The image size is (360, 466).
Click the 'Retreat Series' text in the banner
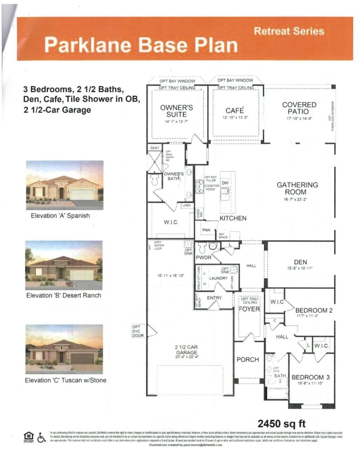289,31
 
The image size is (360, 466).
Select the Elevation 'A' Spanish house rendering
65,185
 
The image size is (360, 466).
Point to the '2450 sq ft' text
281,424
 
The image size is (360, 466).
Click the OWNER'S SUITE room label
176,111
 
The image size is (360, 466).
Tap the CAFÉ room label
234,110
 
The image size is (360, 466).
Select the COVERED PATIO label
299,108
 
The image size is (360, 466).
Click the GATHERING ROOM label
297,189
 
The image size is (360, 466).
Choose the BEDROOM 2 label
314,310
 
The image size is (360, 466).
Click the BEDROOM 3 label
311,377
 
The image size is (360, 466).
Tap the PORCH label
248,360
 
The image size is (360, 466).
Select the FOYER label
249,309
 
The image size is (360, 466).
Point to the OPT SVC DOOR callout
138,331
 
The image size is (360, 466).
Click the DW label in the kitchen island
225,183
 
